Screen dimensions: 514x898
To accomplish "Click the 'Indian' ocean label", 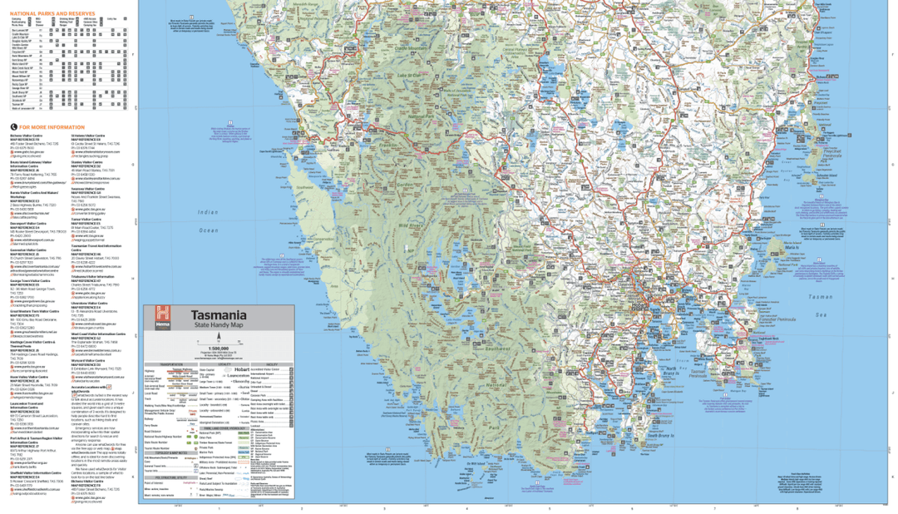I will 208,212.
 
